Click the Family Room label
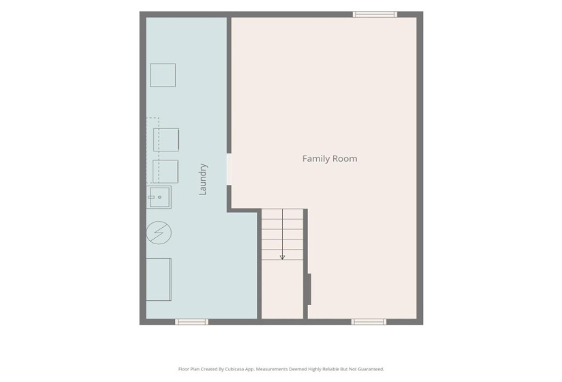click(330, 159)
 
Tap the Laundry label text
click(203, 179)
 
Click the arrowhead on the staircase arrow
click(282, 257)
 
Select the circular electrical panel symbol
click(159, 233)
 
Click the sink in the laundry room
click(159, 197)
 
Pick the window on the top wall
click(375, 14)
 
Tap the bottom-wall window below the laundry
click(191, 322)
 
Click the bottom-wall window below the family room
click(369, 322)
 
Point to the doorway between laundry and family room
click(229, 169)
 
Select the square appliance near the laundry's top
click(163, 75)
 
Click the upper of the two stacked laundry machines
click(166, 140)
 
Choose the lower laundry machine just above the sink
click(166, 171)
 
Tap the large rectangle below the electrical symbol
click(159, 279)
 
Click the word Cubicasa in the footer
click(234, 369)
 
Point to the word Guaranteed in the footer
click(372, 369)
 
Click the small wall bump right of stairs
click(309, 289)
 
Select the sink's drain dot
click(159, 197)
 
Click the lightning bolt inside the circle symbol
click(159, 233)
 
